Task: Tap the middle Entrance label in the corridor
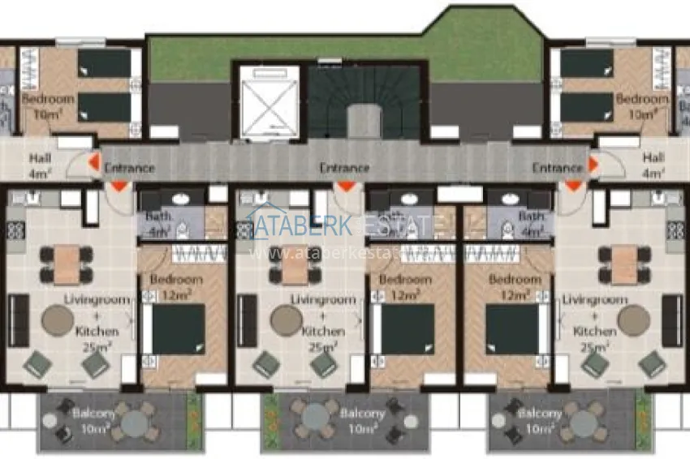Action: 344,168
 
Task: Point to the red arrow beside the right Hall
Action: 593,165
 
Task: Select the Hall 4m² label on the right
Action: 653,165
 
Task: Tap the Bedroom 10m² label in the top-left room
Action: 48,106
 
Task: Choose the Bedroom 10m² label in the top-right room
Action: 642,106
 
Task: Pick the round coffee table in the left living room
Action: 58,321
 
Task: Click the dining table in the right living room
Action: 623,265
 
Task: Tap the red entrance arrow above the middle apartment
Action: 347,186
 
